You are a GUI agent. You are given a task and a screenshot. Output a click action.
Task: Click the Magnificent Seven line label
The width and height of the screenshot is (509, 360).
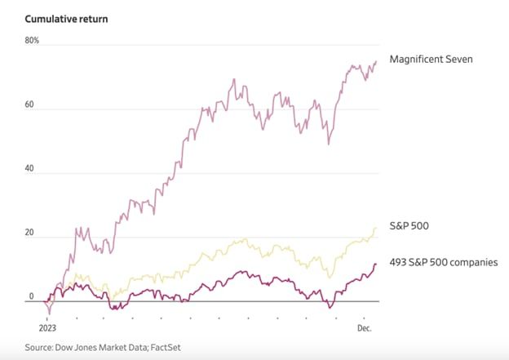431,60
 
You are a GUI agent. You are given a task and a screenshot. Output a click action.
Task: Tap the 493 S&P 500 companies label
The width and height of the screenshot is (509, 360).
444,261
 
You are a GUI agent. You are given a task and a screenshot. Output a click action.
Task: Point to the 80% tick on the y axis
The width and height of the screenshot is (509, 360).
33,40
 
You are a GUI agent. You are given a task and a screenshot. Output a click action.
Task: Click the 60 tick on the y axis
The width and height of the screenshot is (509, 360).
31,104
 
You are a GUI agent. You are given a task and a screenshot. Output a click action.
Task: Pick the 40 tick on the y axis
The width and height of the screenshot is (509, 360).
31,169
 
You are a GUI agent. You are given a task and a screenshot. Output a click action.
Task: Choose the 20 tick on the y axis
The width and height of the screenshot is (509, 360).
31,233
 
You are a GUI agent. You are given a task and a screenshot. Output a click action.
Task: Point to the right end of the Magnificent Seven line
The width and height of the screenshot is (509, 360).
376,61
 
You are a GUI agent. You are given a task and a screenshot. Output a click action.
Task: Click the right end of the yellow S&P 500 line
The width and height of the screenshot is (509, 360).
376,229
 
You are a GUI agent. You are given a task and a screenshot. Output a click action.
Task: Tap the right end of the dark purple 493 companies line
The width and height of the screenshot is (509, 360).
376,264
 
